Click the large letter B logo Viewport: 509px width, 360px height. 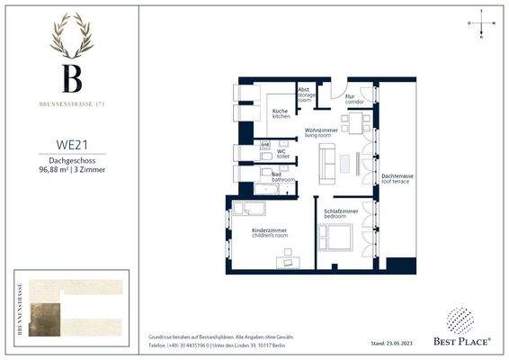tap(70, 78)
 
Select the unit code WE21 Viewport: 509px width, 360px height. tap(70, 142)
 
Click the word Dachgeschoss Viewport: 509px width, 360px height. tap(70, 159)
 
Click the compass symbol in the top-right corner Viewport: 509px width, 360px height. tap(481, 24)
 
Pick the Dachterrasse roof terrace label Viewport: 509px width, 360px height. tap(397, 177)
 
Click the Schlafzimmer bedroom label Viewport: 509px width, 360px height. tap(341, 213)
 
